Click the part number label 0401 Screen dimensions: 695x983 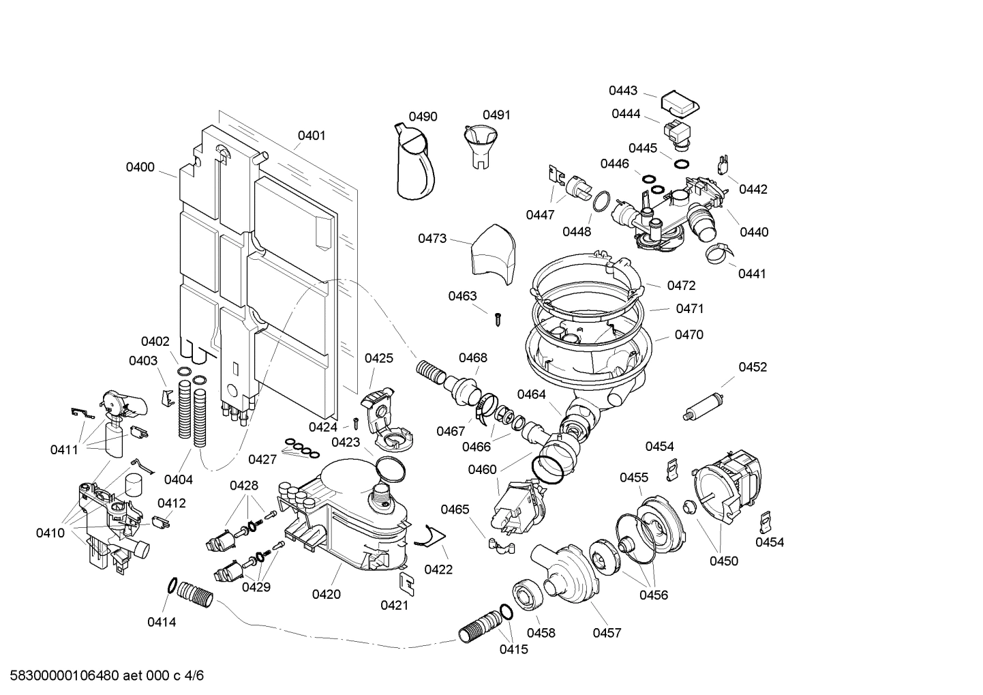click(312, 136)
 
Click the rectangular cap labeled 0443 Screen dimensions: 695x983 click(680, 103)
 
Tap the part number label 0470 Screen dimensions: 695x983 click(689, 335)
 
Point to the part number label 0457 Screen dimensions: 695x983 click(606, 633)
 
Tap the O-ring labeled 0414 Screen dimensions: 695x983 click(173, 585)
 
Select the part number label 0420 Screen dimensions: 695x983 click(326, 594)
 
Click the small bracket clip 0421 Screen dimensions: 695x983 click(407, 582)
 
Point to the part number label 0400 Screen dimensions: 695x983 click(140, 167)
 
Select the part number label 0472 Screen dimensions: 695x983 click(681, 286)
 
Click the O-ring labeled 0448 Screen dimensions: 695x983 click(600, 203)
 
